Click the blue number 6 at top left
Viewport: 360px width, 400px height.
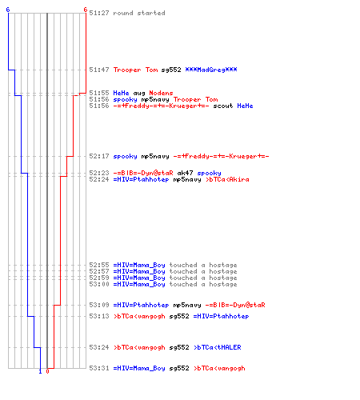coord(8,10)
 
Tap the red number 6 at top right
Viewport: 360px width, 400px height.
coord(86,10)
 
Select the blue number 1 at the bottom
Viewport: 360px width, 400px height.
coord(40,371)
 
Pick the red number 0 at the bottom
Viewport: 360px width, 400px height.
coord(47,371)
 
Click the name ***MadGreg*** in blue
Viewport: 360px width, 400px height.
coord(211,70)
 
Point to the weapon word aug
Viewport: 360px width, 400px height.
coord(139,93)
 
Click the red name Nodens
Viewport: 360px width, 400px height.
coord(161,93)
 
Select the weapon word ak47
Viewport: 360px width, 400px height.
coord(185,173)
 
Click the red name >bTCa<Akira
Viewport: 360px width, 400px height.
coord(227,179)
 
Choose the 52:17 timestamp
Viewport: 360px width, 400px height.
coord(99,156)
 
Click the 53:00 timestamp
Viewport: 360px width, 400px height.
coord(99,284)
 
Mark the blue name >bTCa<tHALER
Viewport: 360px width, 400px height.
coord(218,347)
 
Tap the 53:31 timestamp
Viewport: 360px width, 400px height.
coord(99,368)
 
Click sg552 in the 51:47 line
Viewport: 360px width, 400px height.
coord(171,70)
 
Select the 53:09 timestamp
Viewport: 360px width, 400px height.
coord(99,305)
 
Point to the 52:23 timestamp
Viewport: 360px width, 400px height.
coord(99,173)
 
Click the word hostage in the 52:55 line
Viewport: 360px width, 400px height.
coord(223,265)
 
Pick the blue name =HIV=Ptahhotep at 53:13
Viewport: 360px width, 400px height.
coord(221,316)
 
